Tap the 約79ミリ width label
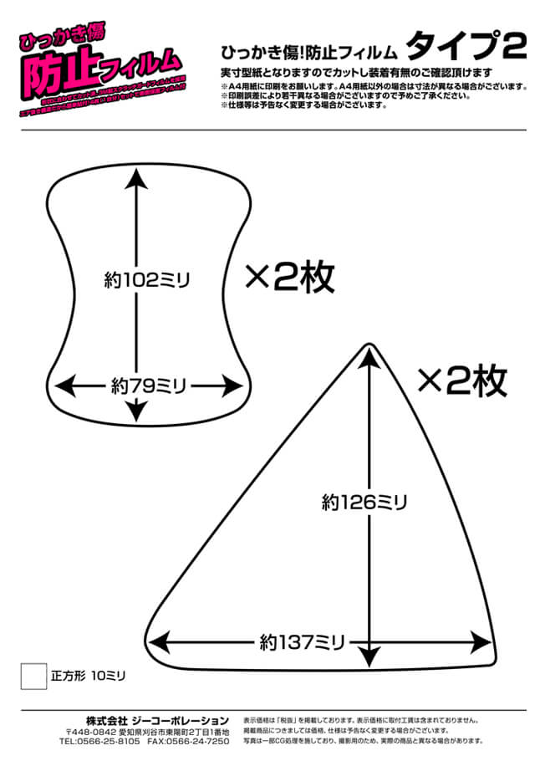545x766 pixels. pyautogui.click(x=148, y=386)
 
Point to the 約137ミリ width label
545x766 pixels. pyautogui.click(x=303, y=642)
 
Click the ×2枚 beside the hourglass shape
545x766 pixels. pyautogui.click(x=289, y=277)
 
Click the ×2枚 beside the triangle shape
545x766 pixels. pyautogui.click(x=461, y=381)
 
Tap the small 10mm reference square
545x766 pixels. pyautogui.click(x=33, y=675)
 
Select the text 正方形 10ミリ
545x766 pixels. pyautogui.click(x=87, y=674)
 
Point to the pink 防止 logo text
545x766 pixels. pyautogui.click(x=54, y=75)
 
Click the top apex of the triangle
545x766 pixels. pyautogui.click(x=368, y=345)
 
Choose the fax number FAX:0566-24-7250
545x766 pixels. pyautogui.click(x=188, y=741)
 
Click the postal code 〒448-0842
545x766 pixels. pyautogui.click(x=91, y=731)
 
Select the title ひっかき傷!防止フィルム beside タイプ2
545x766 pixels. pyautogui.click(x=308, y=49)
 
